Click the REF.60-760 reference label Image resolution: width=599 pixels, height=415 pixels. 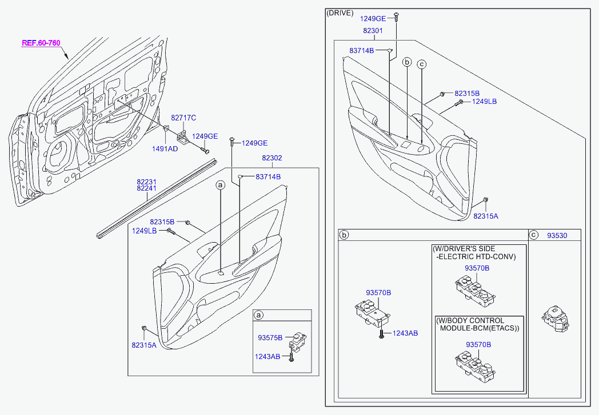[x=41, y=43]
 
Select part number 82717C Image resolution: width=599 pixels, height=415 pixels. [x=183, y=118]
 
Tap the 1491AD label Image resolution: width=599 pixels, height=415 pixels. [x=165, y=148]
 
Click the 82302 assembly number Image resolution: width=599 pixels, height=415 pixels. [x=272, y=158]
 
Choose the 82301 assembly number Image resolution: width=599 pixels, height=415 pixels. [x=373, y=30]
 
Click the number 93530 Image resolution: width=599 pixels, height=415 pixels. [x=557, y=235]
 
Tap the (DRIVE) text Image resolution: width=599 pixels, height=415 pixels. [x=340, y=13]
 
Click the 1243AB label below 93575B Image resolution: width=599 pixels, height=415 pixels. [x=267, y=357]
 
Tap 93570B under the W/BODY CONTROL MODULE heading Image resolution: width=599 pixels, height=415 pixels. [x=478, y=345]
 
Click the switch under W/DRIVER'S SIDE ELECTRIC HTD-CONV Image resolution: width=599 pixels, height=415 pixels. [x=475, y=289]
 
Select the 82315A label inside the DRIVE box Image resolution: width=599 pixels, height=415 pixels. [x=486, y=216]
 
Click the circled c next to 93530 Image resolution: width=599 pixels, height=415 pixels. [x=534, y=235]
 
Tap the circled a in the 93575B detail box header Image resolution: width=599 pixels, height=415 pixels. [x=258, y=315]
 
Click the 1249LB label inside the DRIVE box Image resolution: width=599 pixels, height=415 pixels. [x=484, y=102]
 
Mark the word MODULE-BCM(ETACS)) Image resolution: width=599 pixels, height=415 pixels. [x=479, y=328]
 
